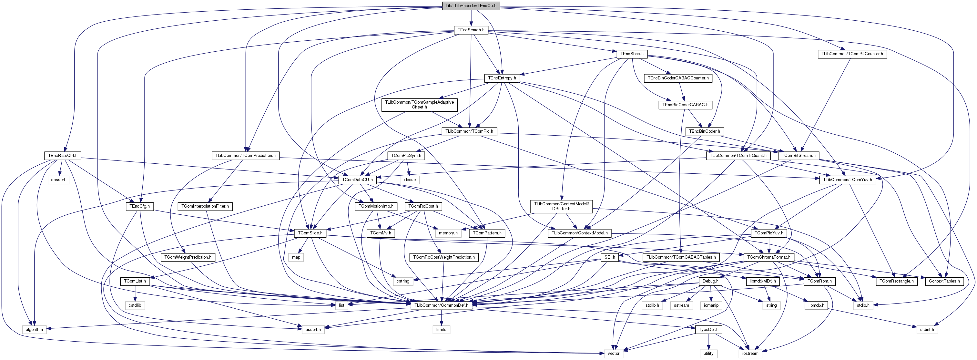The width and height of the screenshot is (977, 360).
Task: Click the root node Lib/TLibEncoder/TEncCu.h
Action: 471,6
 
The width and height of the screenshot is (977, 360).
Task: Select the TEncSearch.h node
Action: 471,30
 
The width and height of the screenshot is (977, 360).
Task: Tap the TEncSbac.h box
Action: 632,54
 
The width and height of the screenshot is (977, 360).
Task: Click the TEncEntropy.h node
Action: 502,78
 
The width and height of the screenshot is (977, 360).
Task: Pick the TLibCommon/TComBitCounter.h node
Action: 852,54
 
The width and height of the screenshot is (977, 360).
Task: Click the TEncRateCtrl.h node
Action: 63,156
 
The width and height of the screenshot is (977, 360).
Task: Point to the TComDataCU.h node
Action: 357,180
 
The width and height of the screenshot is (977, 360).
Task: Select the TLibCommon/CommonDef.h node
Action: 441,305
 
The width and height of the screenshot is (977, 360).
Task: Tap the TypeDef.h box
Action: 708,330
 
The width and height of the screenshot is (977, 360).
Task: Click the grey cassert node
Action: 58,180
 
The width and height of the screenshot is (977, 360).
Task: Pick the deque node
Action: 410,180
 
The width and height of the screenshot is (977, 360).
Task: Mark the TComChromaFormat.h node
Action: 768,257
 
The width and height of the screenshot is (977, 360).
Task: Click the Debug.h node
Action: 710,282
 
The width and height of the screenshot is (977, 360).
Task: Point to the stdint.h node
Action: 927,330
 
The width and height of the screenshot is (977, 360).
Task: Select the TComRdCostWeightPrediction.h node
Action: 444,257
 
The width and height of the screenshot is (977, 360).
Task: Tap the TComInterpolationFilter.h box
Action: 205,206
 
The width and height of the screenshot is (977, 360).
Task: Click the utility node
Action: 708,354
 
